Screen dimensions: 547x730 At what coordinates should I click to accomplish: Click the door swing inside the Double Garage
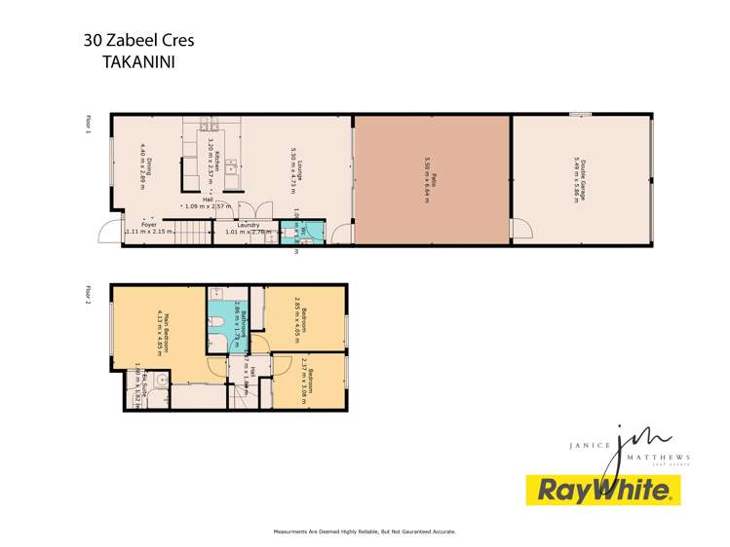(519, 230)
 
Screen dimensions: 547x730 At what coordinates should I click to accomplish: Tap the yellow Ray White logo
(602, 490)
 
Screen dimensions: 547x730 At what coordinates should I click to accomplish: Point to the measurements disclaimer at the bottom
(365, 531)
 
